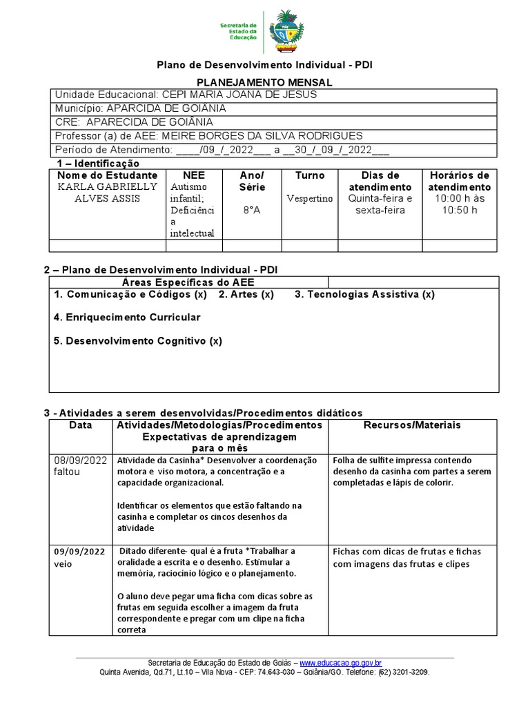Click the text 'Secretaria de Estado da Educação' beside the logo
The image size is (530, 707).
tap(238, 31)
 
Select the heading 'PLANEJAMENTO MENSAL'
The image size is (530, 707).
tap(265, 82)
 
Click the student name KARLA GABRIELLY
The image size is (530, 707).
tap(107, 186)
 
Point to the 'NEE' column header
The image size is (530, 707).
tap(193, 175)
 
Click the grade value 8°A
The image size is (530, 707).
tap(251, 210)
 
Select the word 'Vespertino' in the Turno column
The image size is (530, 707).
tap(309, 199)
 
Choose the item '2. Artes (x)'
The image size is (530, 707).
tap(246, 295)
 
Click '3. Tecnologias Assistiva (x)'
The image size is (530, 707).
tap(364, 295)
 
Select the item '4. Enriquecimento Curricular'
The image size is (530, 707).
tap(127, 318)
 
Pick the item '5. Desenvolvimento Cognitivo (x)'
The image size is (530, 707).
tap(138, 341)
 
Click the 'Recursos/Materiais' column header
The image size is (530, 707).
tap(412, 425)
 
